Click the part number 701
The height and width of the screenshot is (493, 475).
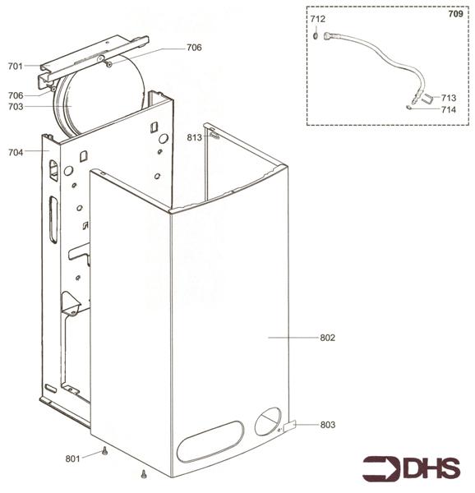click(x=16, y=66)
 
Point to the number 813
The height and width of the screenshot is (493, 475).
click(x=194, y=137)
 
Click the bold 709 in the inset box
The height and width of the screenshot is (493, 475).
click(x=454, y=14)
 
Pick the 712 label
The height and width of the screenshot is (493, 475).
click(x=316, y=18)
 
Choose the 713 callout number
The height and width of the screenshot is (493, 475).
click(x=448, y=97)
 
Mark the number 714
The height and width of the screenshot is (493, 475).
click(x=448, y=109)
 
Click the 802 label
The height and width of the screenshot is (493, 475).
click(x=327, y=338)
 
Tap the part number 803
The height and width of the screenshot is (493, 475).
click(x=327, y=425)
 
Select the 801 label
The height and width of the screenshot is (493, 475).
click(x=73, y=458)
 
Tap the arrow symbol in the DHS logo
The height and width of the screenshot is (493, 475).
click(x=381, y=468)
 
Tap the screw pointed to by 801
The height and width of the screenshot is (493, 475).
click(x=105, y=450)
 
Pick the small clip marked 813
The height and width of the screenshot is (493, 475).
click(x=213, y=135)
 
